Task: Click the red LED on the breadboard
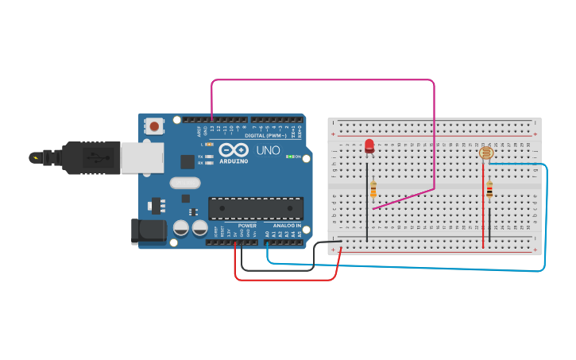click(x=369, y=146)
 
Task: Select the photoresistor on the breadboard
click(x=486, y=153)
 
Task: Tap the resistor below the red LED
click(x=373, y=189)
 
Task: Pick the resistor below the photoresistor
click(x=489, y=189)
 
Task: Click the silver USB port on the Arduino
click(x=141, y=157)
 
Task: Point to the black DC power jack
click(x=148, y=231)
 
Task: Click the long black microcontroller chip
click(x=255, y=208)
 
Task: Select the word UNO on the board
click(x=268, y=150)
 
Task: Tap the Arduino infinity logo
click(x=234, y=150)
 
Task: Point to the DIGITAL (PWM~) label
click(x=265, y=135)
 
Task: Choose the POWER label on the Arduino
click(x=247, y=226)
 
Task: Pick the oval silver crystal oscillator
click(x=184, y=183)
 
